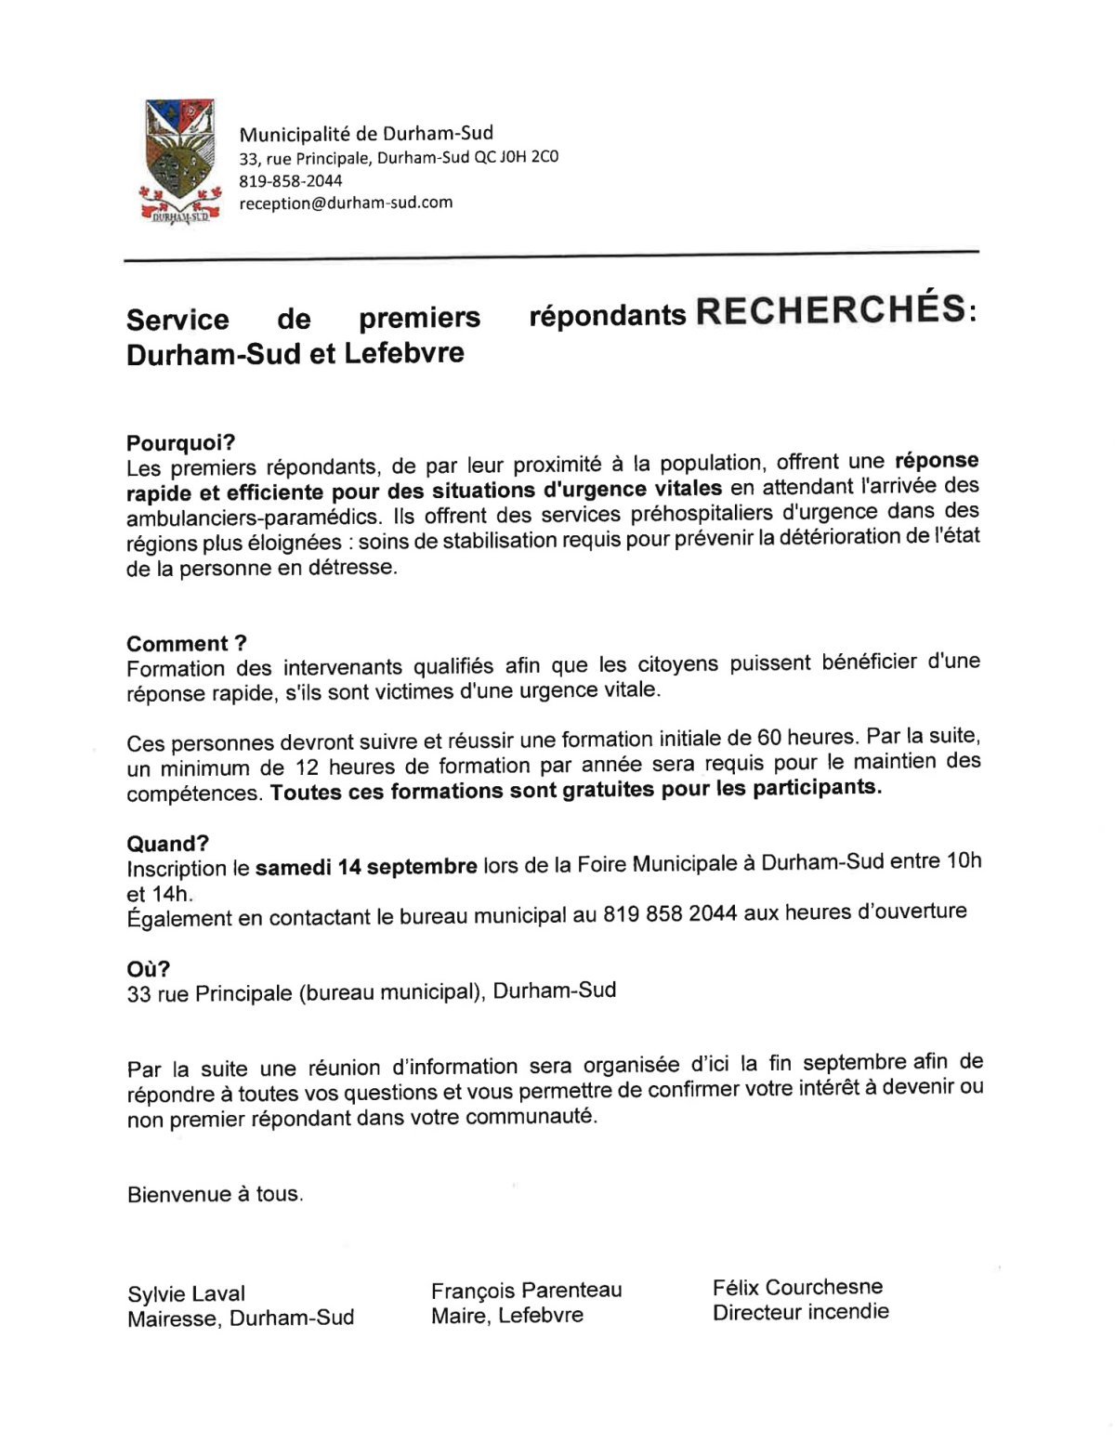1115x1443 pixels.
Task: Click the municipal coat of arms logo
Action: pyautogui.click(x=178, y=160)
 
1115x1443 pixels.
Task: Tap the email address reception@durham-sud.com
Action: pyautogui.click(x=346, y=203)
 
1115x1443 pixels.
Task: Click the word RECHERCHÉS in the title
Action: pyautogui.click(x=830, y=311)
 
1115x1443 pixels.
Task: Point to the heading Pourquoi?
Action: pyautogui.click(x=181, y=442)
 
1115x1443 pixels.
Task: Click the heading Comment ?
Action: pyautogui.click(x=187, y=643)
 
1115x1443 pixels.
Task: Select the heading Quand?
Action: pyautogui.click(x=168, y=844)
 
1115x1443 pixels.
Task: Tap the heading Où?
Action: pyautogui.click(x=149, y=969)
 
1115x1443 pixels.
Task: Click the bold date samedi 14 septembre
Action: pyautogui.click(x=366, y=867)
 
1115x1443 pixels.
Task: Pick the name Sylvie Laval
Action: pyautogui.click(x=186, y=1293)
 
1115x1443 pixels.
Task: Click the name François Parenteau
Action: pyautogui.click(x=526, y=1290)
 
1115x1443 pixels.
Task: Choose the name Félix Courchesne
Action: pyautogui.click(x=797, y=1287)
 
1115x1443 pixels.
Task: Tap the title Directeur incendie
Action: pyautogui.click(x=800, y=1312)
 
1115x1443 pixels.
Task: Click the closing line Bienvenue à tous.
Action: pyautogui.click(x=215, y=1194)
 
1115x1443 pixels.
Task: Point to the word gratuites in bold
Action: pyautogui.click(x=610, y=790)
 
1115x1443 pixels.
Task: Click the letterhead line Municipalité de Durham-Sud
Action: pyautogui.click(x=366, y=133)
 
